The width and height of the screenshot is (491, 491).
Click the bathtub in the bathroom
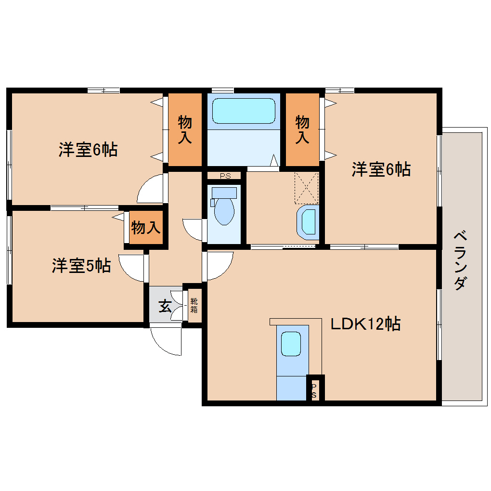point(244,111)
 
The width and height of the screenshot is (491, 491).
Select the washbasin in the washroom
point(309,222)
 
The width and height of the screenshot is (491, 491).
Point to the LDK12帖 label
point(365,324)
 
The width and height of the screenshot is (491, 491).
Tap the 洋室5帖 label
point(81,265)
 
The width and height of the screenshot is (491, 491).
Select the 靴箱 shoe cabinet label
point(194,306)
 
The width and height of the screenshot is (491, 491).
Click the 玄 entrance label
point(165,306)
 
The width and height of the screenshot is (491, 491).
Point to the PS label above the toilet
point(225,176)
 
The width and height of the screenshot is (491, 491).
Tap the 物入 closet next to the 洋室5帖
point(146,227)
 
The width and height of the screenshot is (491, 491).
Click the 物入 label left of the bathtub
point(185,129)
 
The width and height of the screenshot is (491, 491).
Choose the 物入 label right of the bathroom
point(302,129)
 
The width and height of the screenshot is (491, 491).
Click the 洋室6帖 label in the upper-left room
point(88,150)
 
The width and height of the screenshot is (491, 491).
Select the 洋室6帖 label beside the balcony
point(381,169)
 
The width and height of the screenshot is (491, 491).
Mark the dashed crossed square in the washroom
point(307,188)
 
